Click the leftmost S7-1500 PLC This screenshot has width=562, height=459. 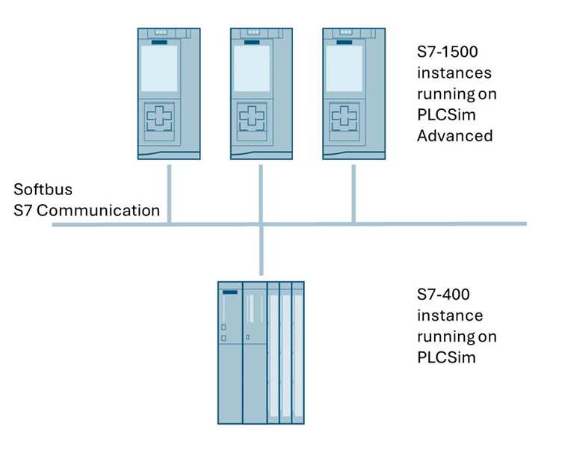[170, 93]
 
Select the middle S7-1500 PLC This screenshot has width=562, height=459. [261, 93]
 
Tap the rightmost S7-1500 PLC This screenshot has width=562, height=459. [352, 93]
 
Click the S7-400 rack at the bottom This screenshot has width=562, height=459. [261, 352]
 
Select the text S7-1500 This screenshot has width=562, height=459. [446, 54]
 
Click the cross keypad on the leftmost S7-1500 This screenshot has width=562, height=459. [159, 117]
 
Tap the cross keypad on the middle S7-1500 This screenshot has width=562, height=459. [250, 117]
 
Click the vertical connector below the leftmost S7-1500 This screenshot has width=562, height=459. [170, 191]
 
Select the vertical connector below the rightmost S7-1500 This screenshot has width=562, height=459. [352, 191]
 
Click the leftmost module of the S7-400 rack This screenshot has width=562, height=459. [230, 352]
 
